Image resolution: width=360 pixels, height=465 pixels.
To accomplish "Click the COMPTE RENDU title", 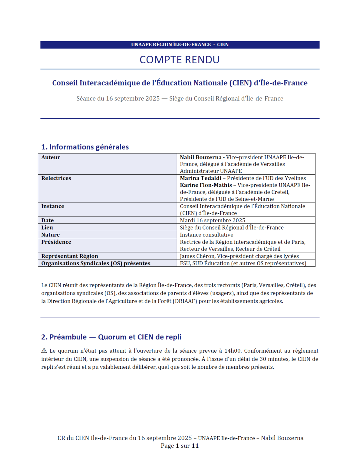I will click(x=180, y=60).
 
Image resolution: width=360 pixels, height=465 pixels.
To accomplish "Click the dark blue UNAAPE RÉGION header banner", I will click(x=180, y=45).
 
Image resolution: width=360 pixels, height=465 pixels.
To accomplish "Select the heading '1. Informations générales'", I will click(x=85, y=147).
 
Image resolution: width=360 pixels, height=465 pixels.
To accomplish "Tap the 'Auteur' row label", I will click(x=51, y=157).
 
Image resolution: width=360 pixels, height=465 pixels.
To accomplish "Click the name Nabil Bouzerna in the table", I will click(x=201, y=157).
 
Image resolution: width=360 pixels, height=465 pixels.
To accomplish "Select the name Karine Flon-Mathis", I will click(x=206, y=185).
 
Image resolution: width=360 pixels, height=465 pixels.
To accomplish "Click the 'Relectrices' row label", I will click(x=56, y=178).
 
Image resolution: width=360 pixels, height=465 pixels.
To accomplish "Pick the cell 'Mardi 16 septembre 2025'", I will click(x=213, y=220).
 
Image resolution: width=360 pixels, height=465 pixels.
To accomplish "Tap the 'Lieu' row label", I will click(x=47, y=228).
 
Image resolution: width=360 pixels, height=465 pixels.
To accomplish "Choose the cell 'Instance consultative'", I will click(x=206, y=235).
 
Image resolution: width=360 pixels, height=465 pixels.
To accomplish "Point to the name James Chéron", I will click(x=197, y=256).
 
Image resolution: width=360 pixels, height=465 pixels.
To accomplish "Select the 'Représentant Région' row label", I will click(x=70, y=256).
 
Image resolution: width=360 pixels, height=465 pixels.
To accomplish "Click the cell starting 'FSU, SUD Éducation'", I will click(x=243, y=263).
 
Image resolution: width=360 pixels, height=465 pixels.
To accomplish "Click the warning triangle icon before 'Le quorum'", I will click(x=44, y=351).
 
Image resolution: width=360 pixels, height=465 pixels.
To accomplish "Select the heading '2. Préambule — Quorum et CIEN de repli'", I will click(x=111, y=337).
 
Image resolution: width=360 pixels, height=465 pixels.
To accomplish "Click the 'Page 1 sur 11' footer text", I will click(x=180, y=446).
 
